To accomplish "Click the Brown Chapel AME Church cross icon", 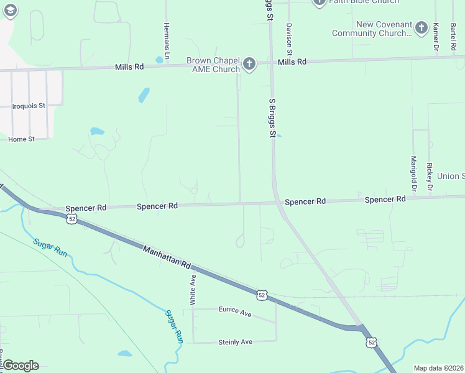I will click(x=249, y=64).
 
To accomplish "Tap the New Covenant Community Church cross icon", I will click(x=421, y=28).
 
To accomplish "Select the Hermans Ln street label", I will click(x=167, y=38).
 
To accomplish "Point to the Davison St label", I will click(x=289, y=39).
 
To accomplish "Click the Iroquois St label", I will click(x=29, y=106).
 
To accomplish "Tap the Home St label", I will click(x=21, y=139).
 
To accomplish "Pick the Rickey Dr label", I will click(x=429, y=177).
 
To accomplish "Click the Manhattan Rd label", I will click(x=167, y=257).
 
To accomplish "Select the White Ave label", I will click(x=193, y=289).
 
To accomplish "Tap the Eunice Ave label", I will click(x=235, y=311).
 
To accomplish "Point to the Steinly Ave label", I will click(x=235, y=342).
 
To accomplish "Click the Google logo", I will click(x=21, y=366).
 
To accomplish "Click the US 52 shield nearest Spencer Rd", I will click(x=73, y=219).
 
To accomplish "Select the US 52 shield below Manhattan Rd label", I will click(x=262, y=295).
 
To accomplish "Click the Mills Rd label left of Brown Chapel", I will click(x=129, y=67).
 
